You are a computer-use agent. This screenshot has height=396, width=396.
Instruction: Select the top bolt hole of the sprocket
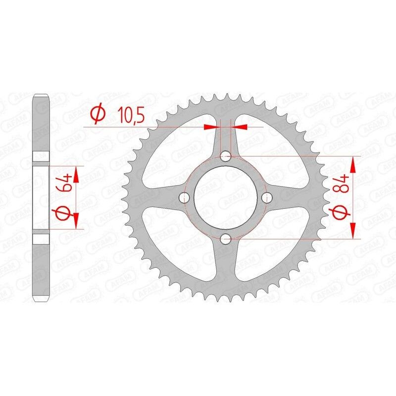coord(226,157)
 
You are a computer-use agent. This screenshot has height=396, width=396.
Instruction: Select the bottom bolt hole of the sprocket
coord(226,240)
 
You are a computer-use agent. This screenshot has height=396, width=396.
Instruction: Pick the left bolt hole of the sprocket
coord(186,198)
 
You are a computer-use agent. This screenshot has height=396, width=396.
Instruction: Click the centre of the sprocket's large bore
coord(226,198)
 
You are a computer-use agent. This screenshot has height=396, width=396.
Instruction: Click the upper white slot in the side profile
coord(42,157)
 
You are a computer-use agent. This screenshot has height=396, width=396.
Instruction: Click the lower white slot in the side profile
coord(42,238)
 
